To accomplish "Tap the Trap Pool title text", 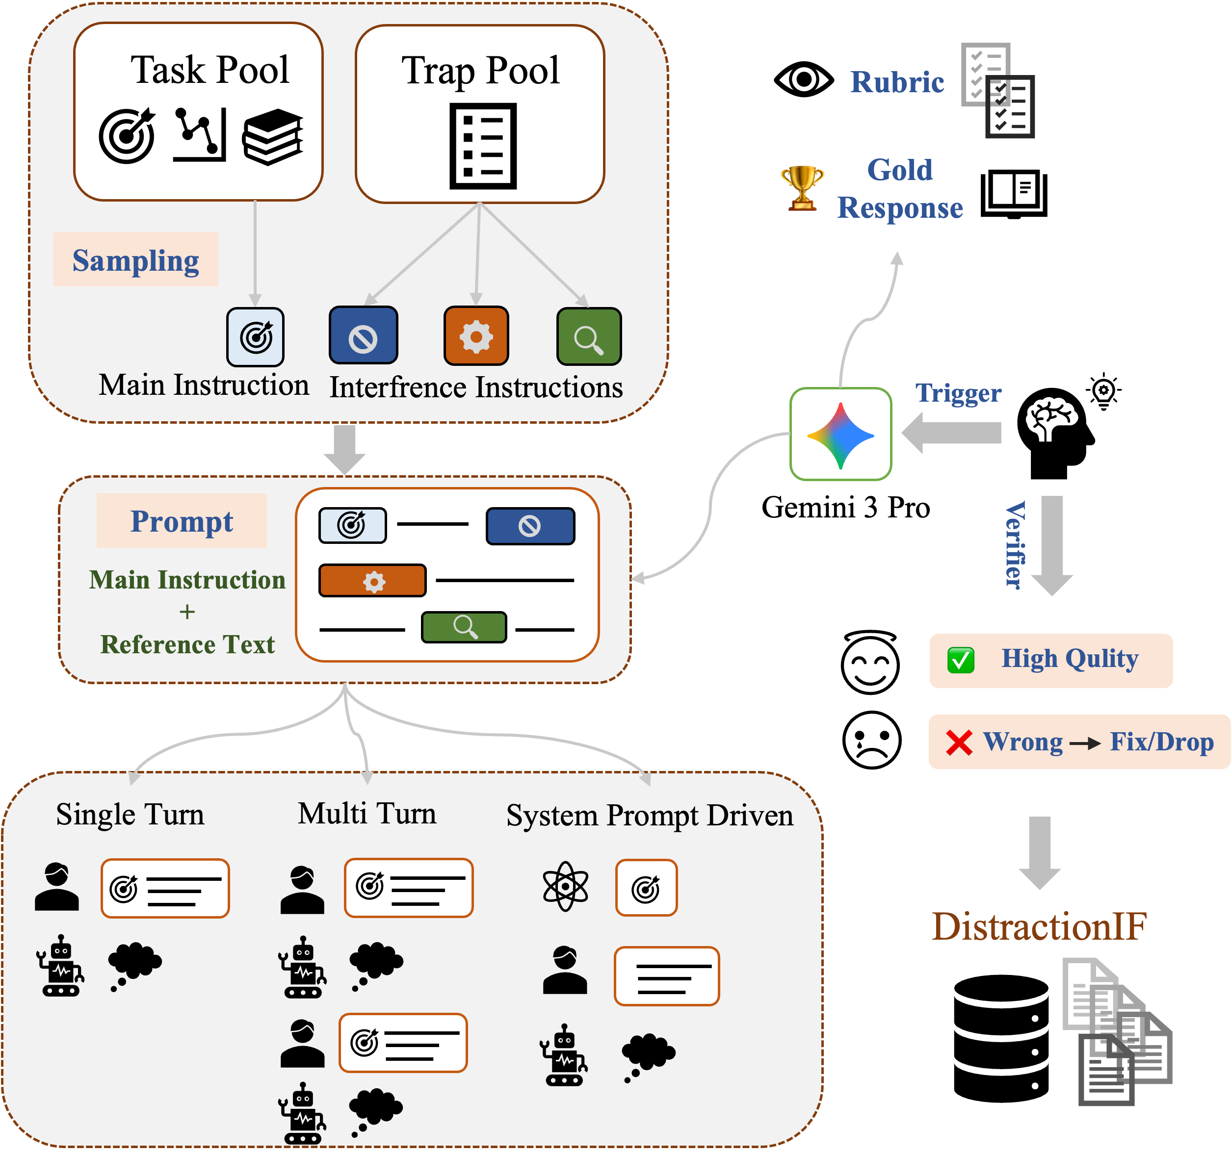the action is pyautogui.click(x=480, y=71).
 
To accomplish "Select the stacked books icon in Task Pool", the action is pyautogui.click(x=273, y=137).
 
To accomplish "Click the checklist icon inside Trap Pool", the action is pyautogui.click(x=483, y=146).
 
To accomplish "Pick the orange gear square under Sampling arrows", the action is pyautogui.click(x=476, y=336).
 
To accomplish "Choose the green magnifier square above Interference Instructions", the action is pyautogui.click(x=589, y=336).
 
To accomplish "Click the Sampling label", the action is pyautogui.click(x=136, y=260).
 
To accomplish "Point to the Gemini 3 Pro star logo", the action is pyautogui.click(x=840, y=436).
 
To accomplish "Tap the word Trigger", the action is pyautogui.click(x=958, y=393).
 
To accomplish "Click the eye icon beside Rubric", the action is pyautogui.click(x=804, y=79).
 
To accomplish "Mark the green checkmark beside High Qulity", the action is pyautogui.click(x=961, y=661).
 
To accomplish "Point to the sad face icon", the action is pyautogui.click(x=871, y=741).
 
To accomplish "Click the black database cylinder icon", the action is pyautogui.click(x=1001, y=1038).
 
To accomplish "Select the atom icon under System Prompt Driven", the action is pyautogui.click(x=565, y=887).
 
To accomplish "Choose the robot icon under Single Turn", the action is pyautogui.click(x=60, y=965).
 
